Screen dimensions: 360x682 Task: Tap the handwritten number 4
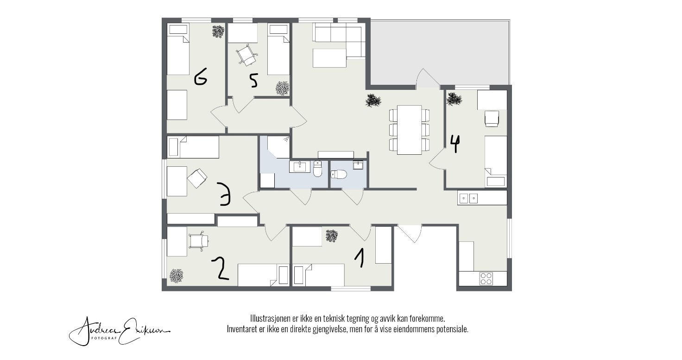455,144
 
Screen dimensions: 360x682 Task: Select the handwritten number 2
221,269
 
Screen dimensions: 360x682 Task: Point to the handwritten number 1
359,258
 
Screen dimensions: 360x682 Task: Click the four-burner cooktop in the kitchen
486,278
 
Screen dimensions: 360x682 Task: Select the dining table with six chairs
410,130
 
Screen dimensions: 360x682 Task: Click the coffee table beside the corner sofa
329,58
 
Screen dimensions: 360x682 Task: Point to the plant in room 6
218,32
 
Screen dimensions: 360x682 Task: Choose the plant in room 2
176,276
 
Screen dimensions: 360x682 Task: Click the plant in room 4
454,99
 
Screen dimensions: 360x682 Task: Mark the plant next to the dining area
373,101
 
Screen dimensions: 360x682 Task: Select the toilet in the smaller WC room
339,175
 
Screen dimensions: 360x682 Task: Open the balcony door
428,80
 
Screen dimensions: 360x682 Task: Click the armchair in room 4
491,118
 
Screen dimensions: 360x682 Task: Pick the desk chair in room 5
246,55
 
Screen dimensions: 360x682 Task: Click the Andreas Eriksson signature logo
120,330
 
